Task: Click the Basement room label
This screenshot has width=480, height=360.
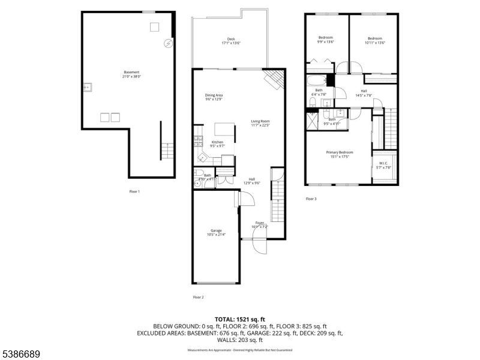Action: coord(131,74)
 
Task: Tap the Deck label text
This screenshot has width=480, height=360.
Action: coord(231,41)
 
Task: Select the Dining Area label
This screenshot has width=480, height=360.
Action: coord(214,97)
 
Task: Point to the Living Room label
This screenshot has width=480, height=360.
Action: coord(260,123)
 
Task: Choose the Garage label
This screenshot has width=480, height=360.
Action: coord(216,232)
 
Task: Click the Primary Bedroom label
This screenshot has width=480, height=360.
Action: coord(340,154)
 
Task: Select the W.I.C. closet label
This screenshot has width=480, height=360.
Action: coord(383,165)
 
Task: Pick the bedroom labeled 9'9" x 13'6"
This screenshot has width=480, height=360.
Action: coord(326,40)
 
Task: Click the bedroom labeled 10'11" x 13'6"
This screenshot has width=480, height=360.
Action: coord(375,40)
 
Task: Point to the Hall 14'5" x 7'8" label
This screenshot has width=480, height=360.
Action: coord(364,93)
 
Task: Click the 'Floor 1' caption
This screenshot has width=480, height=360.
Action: coord(134,191)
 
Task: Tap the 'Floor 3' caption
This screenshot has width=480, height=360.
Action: coord(311,199)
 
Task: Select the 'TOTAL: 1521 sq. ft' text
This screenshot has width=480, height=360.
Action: coord(239,319)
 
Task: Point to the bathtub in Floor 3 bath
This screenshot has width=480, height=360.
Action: coord(316,80)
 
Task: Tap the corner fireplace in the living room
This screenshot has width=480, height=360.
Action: coord(274,79)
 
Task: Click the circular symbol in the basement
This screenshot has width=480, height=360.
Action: coord(169,43)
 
